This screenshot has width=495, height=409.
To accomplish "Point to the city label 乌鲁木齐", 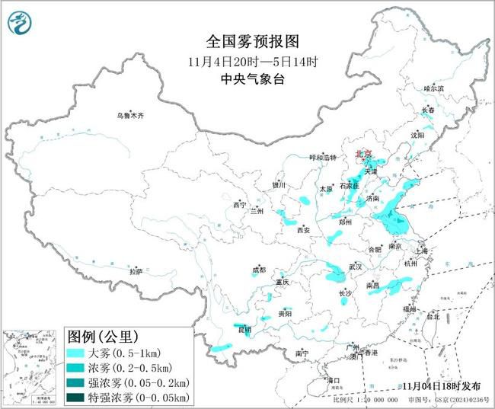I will point(130,116).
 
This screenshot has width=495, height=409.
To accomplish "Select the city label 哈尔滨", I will point(433,89).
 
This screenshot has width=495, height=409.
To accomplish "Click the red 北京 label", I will point(363,155).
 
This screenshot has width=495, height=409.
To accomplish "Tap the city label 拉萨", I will point(136,271).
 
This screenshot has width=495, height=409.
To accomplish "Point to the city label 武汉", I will point(355,267).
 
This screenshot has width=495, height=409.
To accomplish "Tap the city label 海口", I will point(332,379).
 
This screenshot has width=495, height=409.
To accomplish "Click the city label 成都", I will point(260,270).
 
